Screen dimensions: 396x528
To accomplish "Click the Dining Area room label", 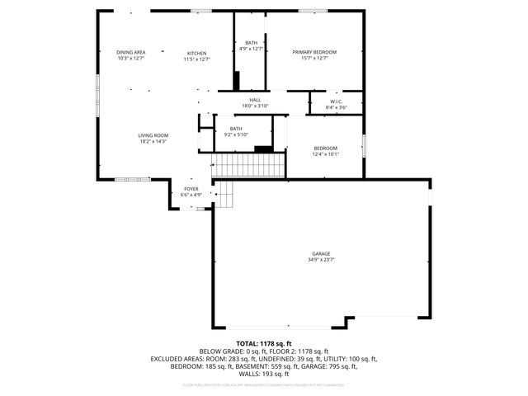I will coord(131,52).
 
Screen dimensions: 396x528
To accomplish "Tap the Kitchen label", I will coord(196,53).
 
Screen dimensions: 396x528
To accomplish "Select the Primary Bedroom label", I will coord(314,52).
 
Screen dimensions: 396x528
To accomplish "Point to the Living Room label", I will coord(153,135).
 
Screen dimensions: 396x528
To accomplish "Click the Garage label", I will coord(321,254).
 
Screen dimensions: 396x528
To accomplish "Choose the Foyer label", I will coord(191,189).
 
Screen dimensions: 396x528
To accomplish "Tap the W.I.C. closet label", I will coord(336,101).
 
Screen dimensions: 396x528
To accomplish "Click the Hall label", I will coord(256,100).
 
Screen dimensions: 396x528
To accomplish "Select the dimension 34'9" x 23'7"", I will coord(321,261).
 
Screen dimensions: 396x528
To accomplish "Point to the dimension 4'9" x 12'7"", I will coord(251,49).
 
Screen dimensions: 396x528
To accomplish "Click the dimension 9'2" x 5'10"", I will coord(237,134).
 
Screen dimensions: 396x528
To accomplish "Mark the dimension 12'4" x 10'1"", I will coord(325,154).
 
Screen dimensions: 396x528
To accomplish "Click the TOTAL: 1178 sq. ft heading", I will coord(264,343).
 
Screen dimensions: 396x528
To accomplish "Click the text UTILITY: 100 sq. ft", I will coord(349,359).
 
